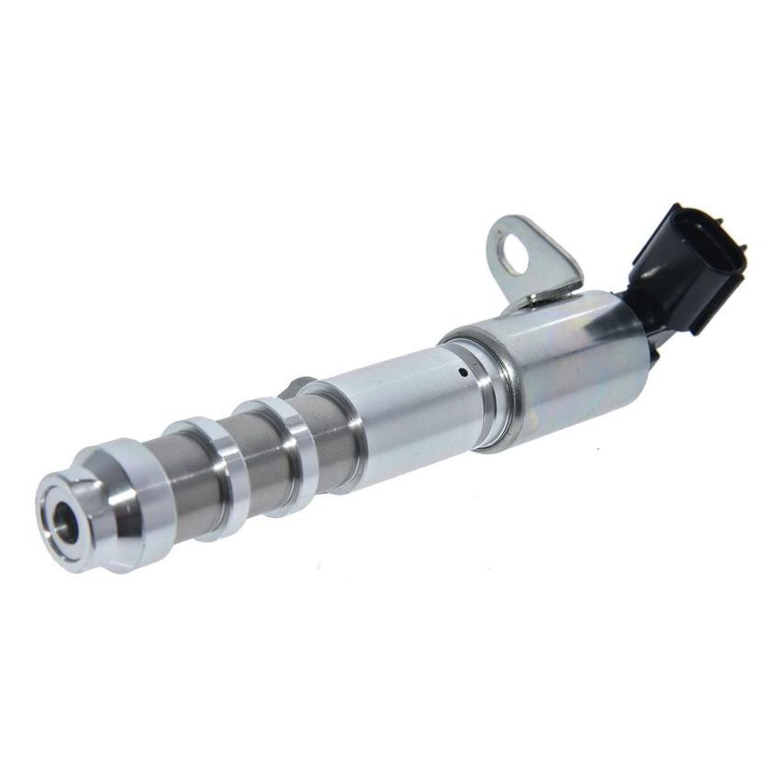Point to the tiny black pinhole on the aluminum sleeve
pos(464,372)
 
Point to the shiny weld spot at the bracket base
pos(536,298)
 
